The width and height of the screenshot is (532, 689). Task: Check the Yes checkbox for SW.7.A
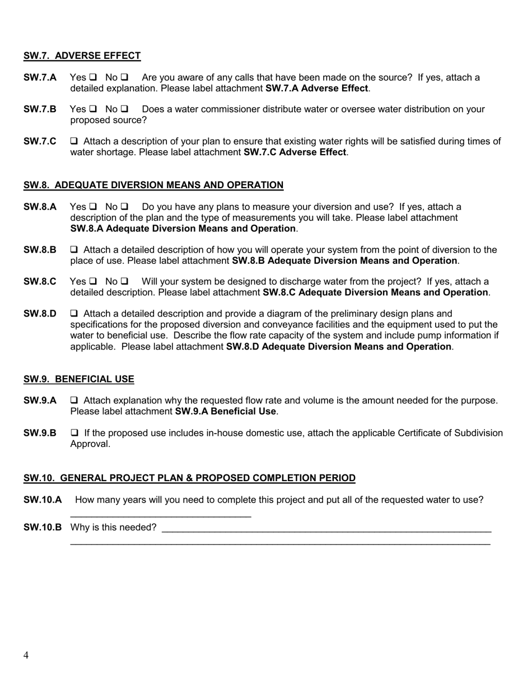pos(93,77)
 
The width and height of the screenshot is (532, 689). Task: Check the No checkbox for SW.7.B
pos(124,109)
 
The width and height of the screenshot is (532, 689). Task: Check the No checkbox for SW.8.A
pos(124,207)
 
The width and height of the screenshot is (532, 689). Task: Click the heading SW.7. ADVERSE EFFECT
pos(82,55)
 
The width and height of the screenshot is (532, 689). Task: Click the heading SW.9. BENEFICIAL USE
pos(78,379)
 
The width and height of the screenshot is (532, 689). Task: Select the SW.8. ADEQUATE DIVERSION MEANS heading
pos(153,185)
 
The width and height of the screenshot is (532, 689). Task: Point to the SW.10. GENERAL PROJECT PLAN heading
pos(189,478)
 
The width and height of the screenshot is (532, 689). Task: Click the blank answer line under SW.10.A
pos(161,514)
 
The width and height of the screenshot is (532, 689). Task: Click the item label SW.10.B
pos(43,527)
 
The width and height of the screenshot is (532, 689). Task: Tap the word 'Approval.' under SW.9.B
pos(90,444)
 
